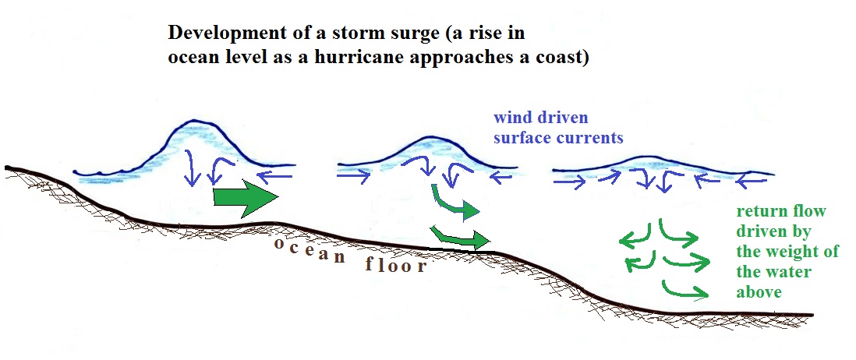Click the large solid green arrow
(x=246, y=197)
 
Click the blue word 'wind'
(x=512, y=117)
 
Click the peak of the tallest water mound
(x=197, y=121)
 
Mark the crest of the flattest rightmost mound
(x=649, y=157)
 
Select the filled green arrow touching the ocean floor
(x=460, y=237)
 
